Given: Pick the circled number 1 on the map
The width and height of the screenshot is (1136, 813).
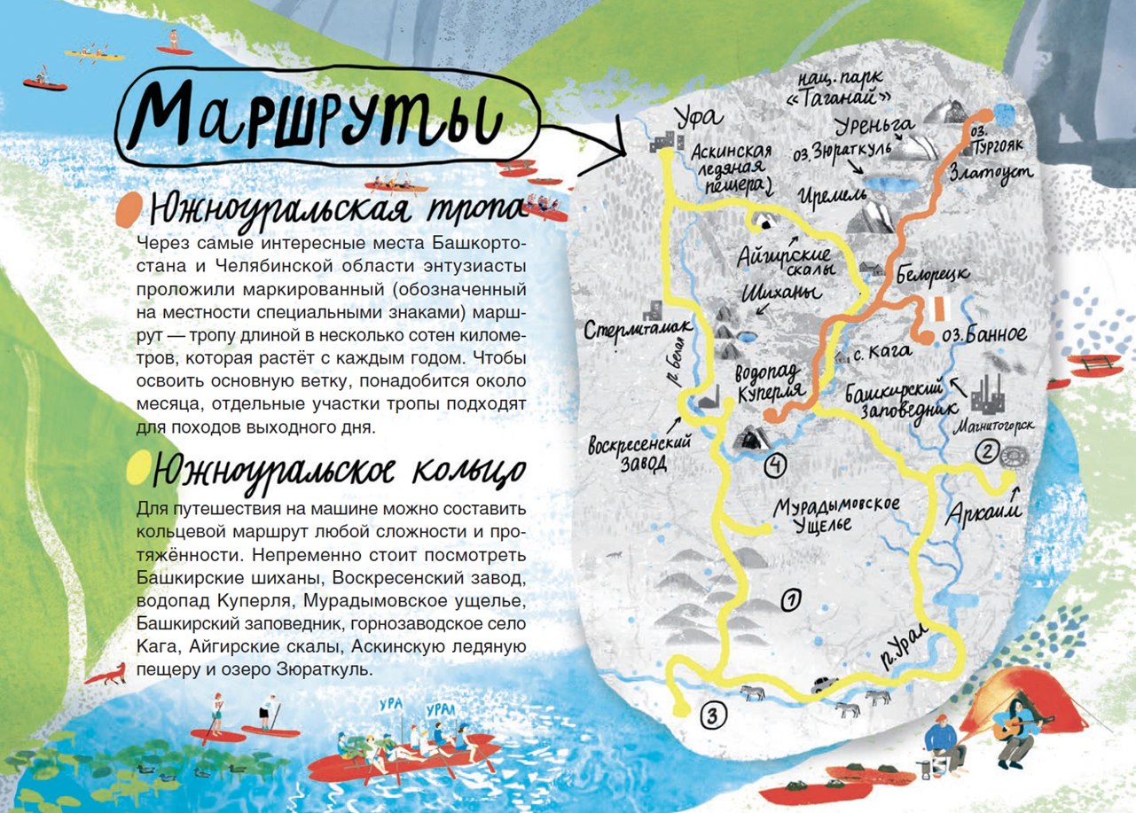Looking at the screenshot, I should pos(789,600).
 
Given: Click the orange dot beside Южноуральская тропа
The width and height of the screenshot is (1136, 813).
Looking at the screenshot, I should pos(129,210).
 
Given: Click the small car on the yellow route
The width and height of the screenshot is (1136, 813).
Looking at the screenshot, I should pos(824,684).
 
